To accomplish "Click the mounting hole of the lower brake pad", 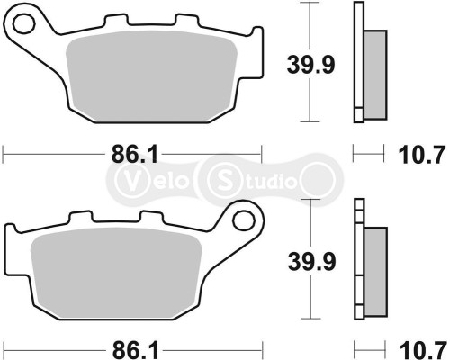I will pyautogui.click(x=241, y=220).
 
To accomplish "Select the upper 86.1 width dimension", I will pyautogui.click(x=130, y=155).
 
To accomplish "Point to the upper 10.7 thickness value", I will pyautogui.click(x=419, y=155).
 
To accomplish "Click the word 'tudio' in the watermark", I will pyautogui.click(x=268, y=181).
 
